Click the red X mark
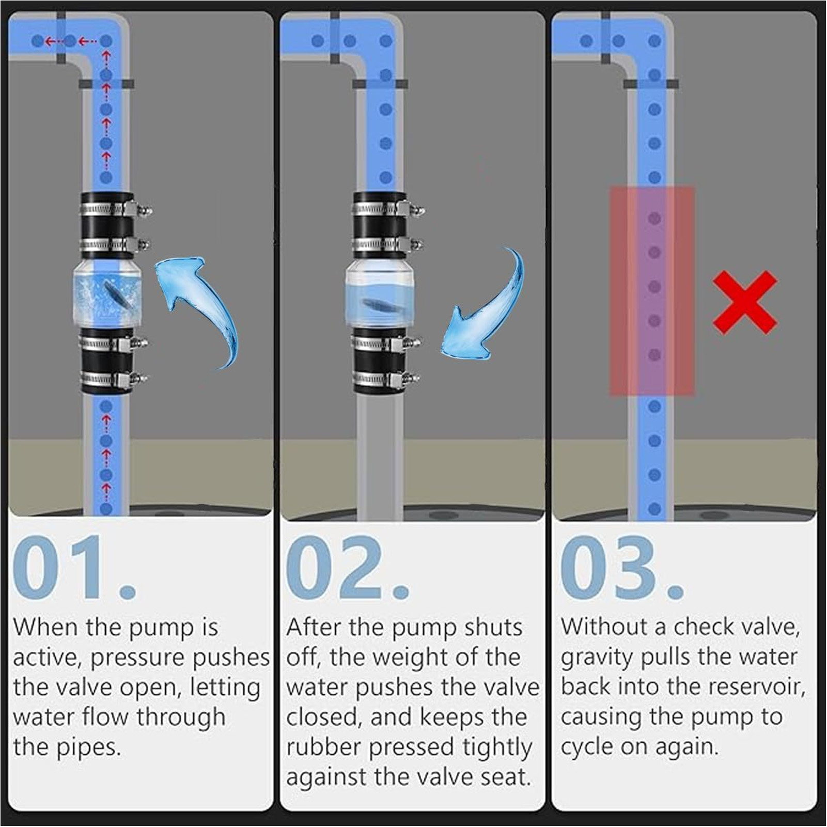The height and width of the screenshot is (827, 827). [745, 302]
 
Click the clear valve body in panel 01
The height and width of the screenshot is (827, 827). [107, 294]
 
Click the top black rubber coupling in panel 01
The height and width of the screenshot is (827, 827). [107, 226]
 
